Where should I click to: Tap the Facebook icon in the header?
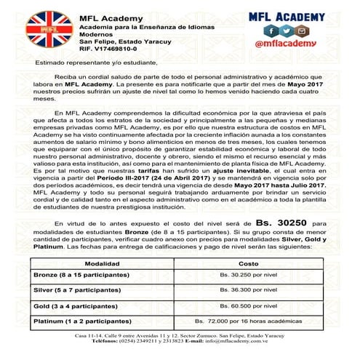pos(271,31)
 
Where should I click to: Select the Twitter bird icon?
pos(284,31)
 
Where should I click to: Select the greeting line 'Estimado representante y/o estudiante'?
pos(87,63)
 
